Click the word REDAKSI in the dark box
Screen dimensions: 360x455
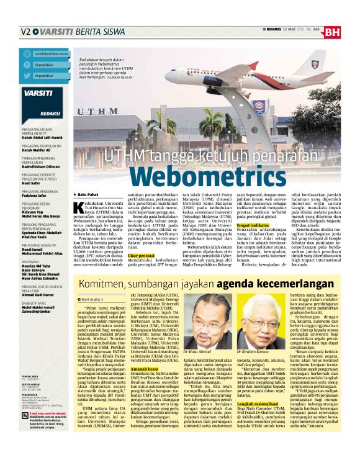point(33,114)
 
